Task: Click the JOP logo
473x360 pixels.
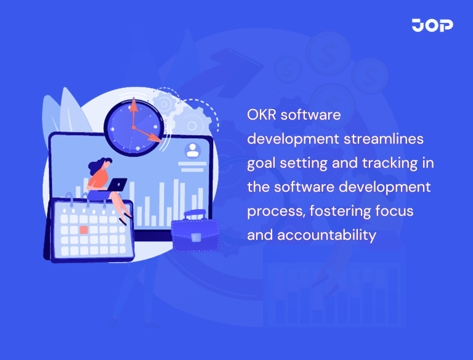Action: coord(432,25)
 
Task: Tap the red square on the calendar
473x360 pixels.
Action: coord(84,229)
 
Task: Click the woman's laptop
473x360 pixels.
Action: coord(116,184)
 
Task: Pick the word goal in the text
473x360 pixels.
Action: coord(262,163)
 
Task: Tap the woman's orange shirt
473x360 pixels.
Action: coord(98,178)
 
